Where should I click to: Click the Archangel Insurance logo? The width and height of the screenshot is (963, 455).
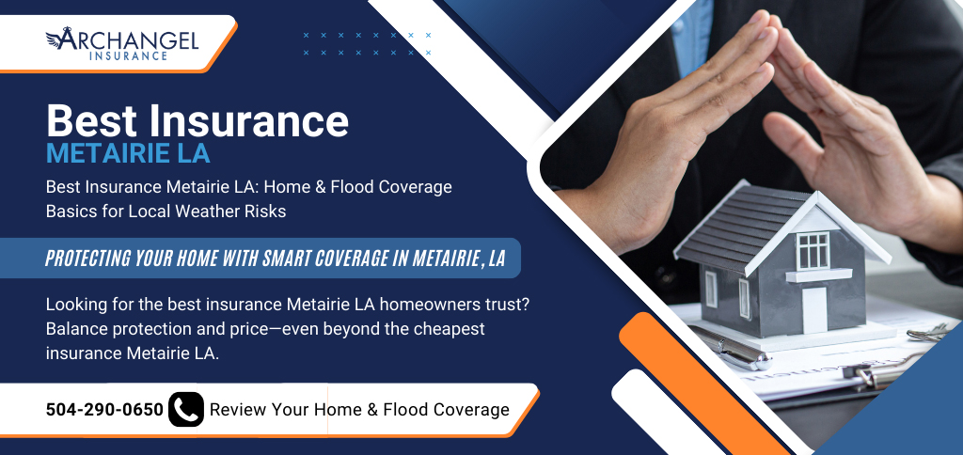click(x=122, y=43)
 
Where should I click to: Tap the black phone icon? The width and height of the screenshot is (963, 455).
click(x=186, y=409)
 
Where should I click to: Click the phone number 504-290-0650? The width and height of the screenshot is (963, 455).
click(x=104, y=410)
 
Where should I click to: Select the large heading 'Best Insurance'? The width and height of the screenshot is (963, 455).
click(x=197, y=120)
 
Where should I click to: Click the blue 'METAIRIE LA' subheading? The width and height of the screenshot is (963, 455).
click(x=128, y=153)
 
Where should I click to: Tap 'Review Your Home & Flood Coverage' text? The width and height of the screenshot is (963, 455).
click(x=359, y=410)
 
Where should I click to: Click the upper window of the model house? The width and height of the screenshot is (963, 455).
click(x=813, y=250)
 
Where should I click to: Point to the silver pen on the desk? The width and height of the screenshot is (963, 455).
click(x=731, y=348)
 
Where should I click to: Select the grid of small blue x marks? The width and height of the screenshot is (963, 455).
click(x=368, y=44)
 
